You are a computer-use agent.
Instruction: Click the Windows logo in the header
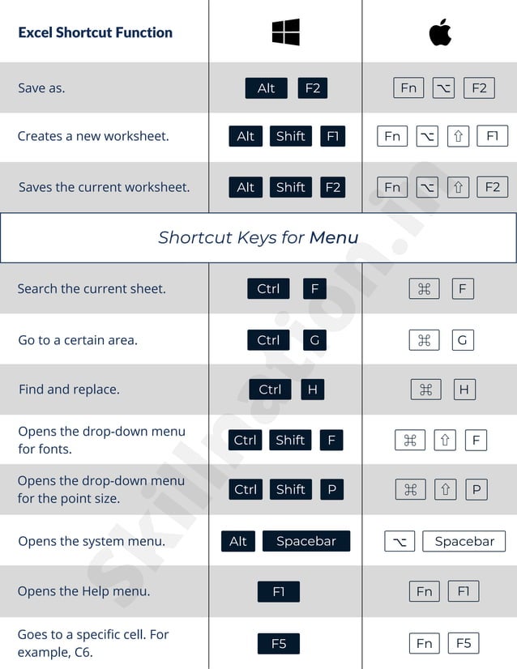[285, 32]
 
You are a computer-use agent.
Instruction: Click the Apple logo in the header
[440, 32]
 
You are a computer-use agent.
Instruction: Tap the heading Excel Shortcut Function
[95, 33]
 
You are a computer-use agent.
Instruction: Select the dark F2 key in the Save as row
[312, 88]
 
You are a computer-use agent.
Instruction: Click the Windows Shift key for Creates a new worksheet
[290, 137]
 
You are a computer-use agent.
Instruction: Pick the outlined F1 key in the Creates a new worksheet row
[492, 137]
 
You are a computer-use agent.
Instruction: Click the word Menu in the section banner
[334, 238]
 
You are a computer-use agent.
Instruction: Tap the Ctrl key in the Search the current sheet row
[268, 289]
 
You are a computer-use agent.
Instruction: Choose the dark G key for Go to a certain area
[314, 340]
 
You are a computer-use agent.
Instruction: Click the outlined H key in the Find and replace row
[464, 390]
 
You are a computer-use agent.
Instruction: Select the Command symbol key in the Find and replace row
[426, 390]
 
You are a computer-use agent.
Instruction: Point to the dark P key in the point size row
[331, 490]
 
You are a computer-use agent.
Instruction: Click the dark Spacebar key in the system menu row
[306, 542]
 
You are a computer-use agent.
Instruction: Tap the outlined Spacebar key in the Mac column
[464, 542]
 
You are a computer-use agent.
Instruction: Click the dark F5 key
[279, 644]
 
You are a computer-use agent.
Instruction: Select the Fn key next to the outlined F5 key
[425, 644]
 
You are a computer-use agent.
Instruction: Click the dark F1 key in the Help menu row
[279, 592]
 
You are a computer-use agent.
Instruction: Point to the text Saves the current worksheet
[104, 187]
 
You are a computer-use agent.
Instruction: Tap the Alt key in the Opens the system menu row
[238, 542]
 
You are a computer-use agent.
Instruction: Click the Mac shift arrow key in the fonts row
[445, 441]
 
